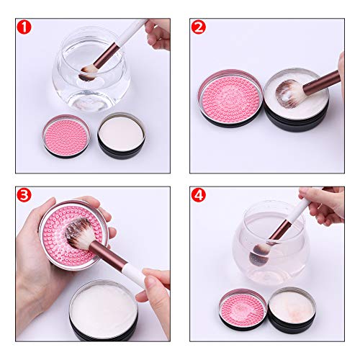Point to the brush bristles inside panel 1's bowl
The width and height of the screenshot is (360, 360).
(87, 72)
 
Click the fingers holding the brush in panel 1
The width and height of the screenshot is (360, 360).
(158, 32)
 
